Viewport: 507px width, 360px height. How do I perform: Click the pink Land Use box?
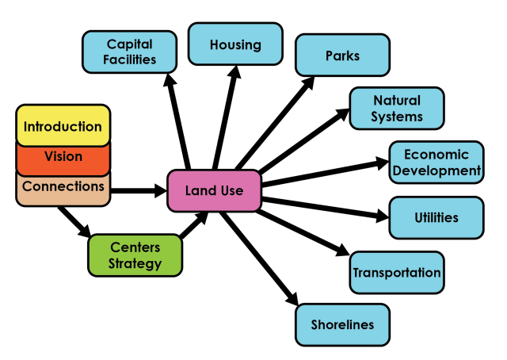(x=214, y=191)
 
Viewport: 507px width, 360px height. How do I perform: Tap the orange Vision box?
(x=63, y=157)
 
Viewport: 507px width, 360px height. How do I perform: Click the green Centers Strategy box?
(x=135, y=255)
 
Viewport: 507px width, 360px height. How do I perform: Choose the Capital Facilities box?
(x=129, y=52)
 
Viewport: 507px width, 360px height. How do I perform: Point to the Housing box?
(x=235, y=44)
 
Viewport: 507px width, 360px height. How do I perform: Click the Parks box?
(x=342, y=56)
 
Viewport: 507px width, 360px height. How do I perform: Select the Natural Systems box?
(x=397, y=109)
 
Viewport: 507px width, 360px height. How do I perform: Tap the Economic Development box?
(x=436, y=163)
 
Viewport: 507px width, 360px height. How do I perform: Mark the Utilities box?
(x=436, y=217)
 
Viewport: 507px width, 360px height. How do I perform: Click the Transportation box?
(x=397, y=273)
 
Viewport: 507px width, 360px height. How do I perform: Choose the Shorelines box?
(x=342, y=324)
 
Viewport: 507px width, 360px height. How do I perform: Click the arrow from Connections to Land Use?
(x=139, y=190)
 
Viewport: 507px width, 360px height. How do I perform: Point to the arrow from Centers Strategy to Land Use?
(x=194, y=227)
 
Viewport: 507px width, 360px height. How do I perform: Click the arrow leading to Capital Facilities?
(x=177, y=119)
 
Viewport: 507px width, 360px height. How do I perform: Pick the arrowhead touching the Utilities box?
(x=380, y=215)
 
